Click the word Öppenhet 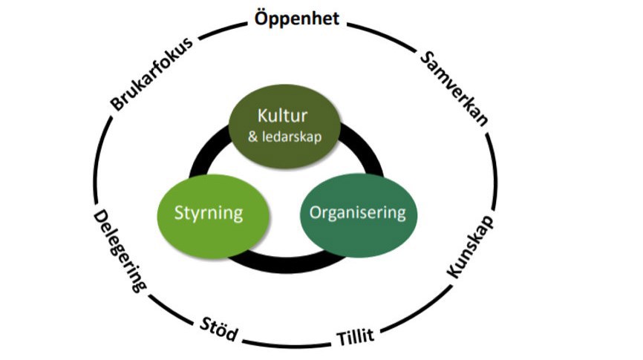297,18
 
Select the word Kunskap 471,249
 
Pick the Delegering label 119,250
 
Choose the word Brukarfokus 152,73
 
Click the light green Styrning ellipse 209,214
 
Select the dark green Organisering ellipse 358,214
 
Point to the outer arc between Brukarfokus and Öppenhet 223,30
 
